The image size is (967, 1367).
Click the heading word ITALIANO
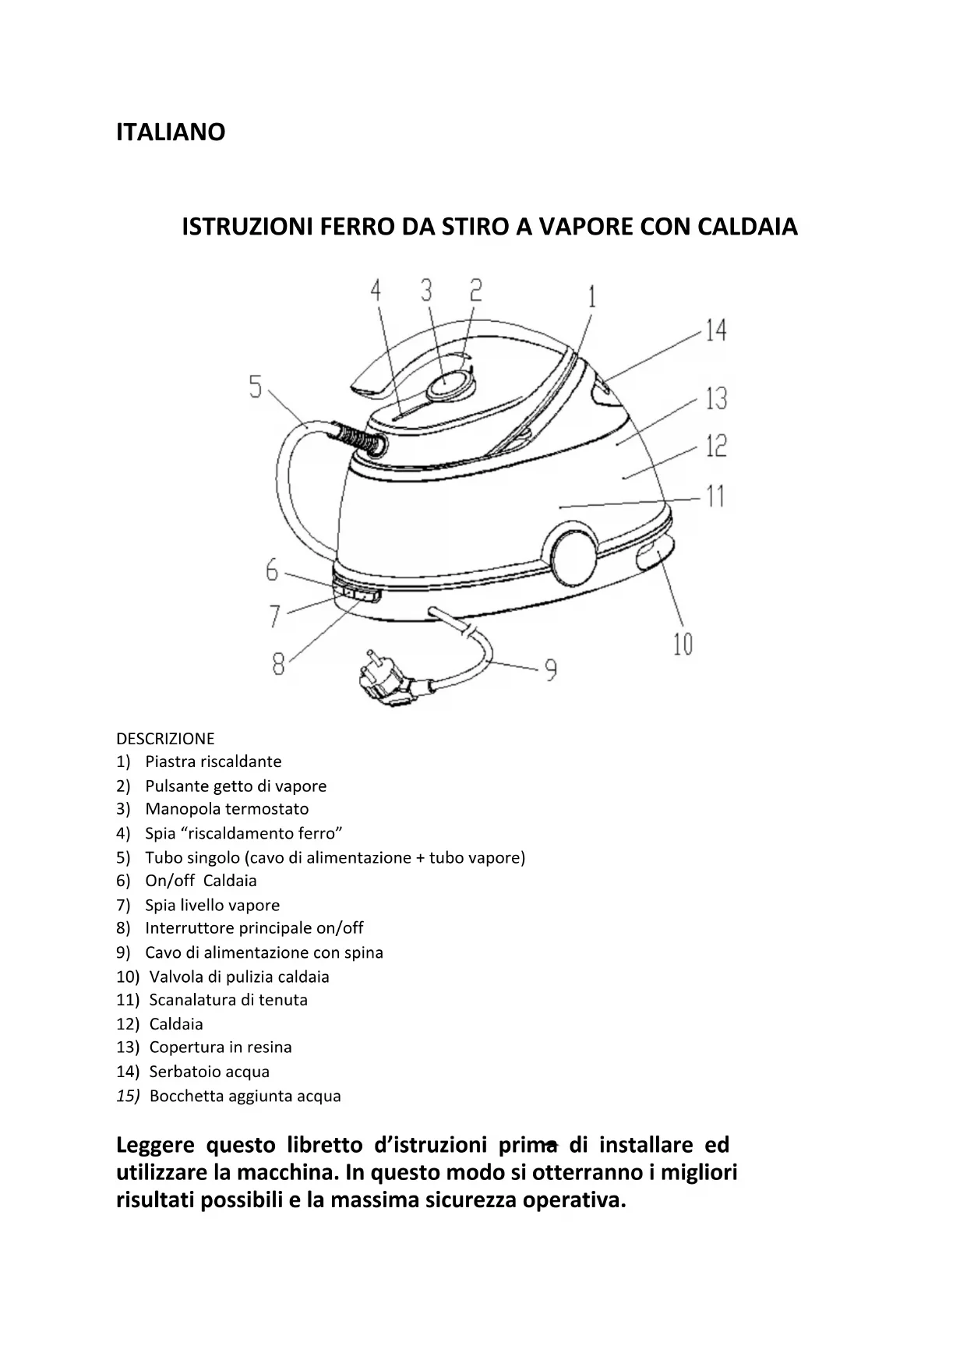(171, 132)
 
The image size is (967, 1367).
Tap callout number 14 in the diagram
(715, 330)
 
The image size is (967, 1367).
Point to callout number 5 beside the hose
(256, 387)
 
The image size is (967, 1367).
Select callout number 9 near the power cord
(551, 669)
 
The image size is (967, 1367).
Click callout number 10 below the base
(683, 645)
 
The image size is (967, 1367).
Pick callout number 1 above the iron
(591, 297)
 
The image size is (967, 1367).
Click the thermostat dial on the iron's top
(449, 384)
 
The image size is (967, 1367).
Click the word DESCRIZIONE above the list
(165, 739)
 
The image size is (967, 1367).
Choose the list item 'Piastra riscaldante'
(213, 761)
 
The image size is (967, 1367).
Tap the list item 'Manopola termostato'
(226, 809)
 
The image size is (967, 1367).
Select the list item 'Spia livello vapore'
(212, 905)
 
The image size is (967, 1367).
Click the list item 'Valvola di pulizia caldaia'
(238, 977)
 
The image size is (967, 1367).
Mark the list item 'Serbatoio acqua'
(209, 1072)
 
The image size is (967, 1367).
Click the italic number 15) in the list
(128, 1096)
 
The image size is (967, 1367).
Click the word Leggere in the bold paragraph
(155, 1146)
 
